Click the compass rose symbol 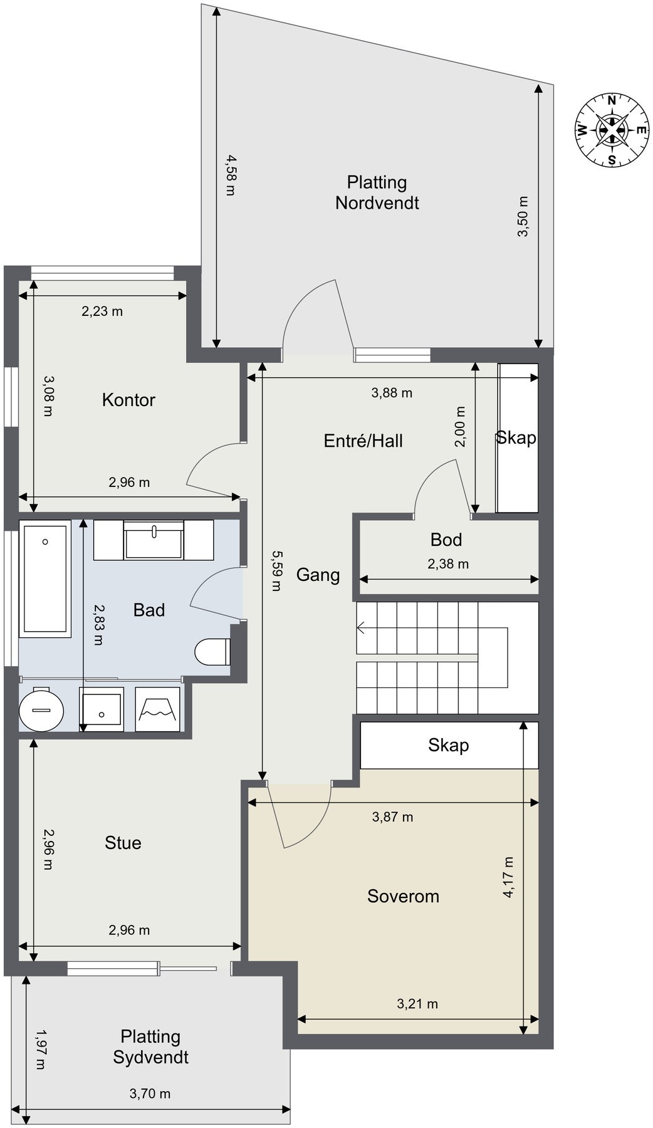[612, 130]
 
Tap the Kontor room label [128, 400]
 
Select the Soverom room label [403, 896]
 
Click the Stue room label [123, 843]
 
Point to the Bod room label [446, 540]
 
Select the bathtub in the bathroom [45, 578]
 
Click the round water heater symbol [41, 709]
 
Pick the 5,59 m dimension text [276, 571]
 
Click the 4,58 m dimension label [230, 176]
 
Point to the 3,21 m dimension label [417, 1004]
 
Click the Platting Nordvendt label [377, 192]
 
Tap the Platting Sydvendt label [150, 1047]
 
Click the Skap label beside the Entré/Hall [516, 437]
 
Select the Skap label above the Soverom [449, 745]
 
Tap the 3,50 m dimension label [523, 217]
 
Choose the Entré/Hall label [363, 441]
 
